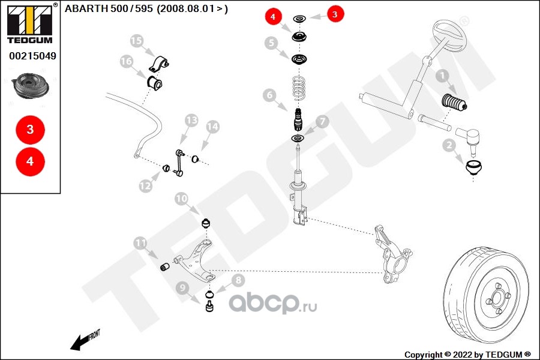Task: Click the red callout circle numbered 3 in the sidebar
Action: (30, 129)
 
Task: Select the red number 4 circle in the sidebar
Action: (30, 161)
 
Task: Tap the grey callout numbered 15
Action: (137, 41)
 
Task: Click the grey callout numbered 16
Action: (126, 61)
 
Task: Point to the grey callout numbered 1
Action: (442, 76)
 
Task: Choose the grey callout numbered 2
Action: (448, 145)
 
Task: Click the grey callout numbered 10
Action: (181, 198)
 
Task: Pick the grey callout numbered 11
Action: (140, 243)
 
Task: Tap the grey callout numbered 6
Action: (268, 95)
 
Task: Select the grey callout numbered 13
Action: (191, 120)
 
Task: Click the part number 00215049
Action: (32, 56)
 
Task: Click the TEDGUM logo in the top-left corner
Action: (29, 24)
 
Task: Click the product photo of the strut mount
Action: (29, 87)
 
